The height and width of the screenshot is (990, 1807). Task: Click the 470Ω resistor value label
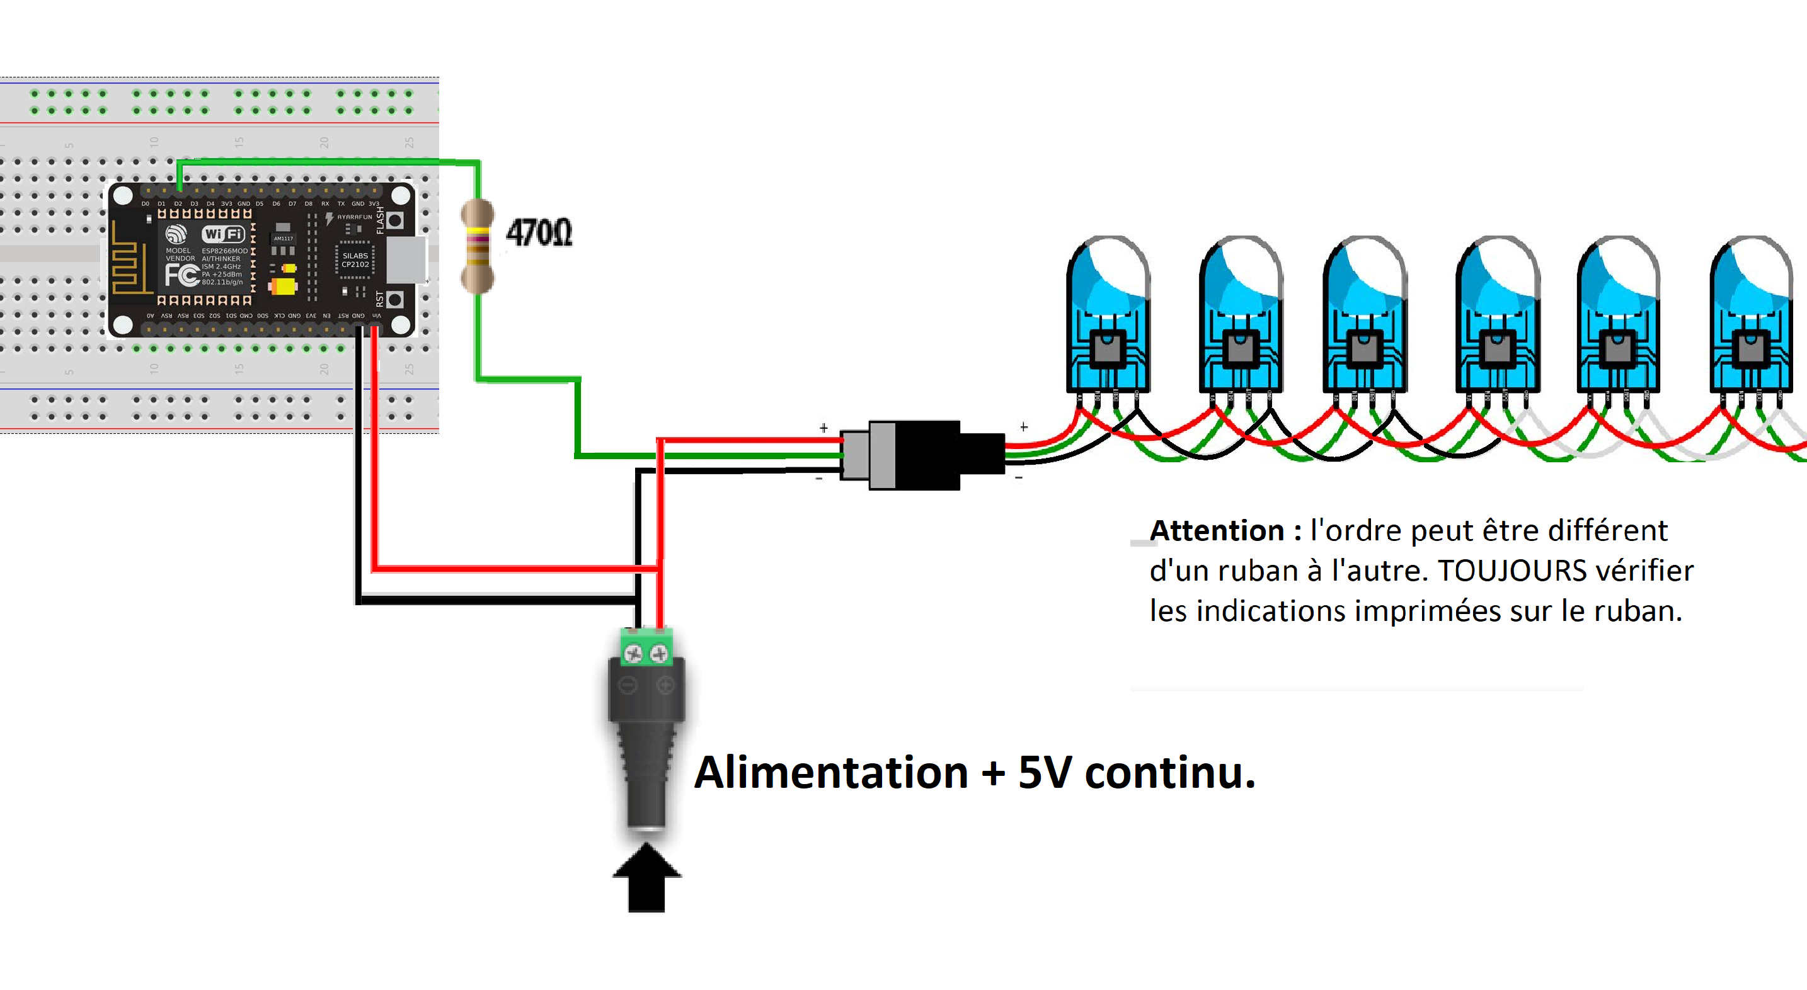(539, 233)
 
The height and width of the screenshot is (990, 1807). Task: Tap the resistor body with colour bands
(478, 246)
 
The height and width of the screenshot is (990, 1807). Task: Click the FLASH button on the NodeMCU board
(396, 221)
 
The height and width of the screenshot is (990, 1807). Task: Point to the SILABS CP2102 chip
(355, 260)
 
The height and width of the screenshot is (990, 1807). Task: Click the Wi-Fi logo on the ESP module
(223, 234)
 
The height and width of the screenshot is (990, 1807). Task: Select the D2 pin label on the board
(178, 204)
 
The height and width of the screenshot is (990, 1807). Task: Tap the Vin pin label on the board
(377, 316)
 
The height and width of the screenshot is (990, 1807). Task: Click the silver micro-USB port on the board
(406, 260)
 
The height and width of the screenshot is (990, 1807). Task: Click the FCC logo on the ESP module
(181, 275)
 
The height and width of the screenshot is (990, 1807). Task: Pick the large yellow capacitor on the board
(284, 287)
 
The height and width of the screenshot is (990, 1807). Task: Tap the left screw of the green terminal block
(633, 654)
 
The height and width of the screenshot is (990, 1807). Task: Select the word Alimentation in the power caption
(831, 773)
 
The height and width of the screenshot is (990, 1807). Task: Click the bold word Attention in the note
(1217, 531)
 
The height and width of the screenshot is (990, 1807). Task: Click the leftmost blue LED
(1108, 316)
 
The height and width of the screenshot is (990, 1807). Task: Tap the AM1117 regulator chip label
(284, 239)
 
